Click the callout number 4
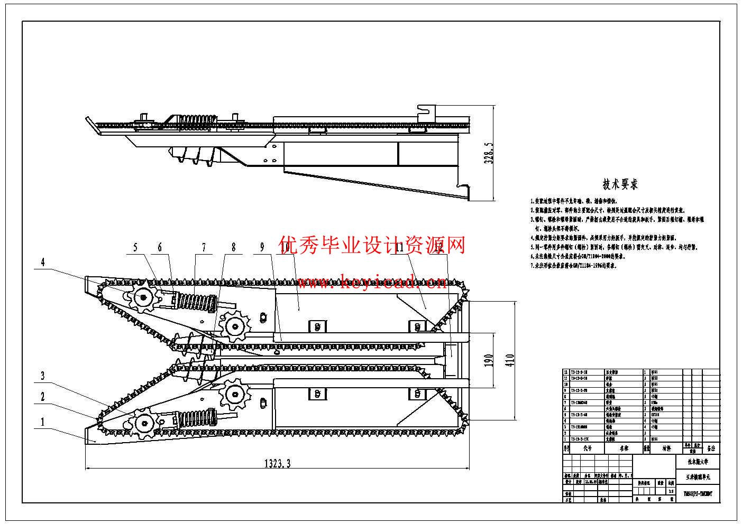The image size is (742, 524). (x=43, y=262)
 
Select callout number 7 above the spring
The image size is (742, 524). (x=203, y=247)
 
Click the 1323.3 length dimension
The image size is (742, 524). (x=278, y=464)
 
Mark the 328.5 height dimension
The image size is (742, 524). (x=490, y=153)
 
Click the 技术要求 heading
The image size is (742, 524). (x=620, y=184)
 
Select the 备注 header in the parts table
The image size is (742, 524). (x=710, y=448)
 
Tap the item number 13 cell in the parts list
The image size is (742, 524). (x=566, y=372)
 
